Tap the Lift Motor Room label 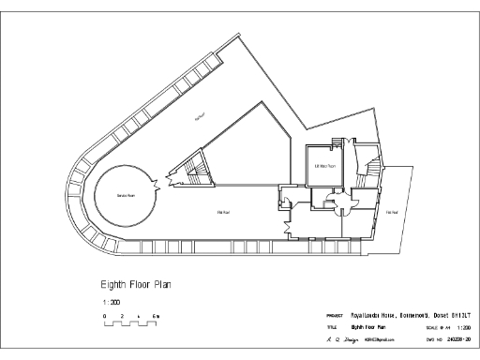pos(324,167)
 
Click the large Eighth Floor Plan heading pos(136,283)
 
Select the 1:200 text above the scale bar pos(110,303)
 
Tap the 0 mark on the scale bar pos(105,317)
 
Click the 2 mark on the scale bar pos(123,317)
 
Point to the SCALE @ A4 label pos(438,327)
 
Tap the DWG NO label pos(435,338)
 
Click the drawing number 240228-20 pos(459,338)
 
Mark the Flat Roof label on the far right pos(395,214)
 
